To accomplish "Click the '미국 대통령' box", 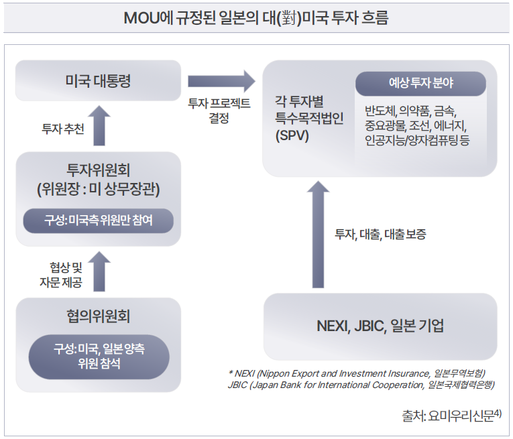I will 98,82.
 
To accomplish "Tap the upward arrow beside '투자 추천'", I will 99,125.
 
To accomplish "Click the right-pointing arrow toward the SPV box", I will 221,82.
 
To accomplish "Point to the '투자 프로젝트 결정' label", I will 219,111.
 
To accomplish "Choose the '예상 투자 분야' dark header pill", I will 420,84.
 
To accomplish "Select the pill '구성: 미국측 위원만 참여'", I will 98,220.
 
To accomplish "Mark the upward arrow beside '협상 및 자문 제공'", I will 99,271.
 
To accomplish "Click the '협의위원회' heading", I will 98,316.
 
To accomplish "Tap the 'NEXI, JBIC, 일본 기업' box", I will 380,326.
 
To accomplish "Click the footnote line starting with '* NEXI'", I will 356,373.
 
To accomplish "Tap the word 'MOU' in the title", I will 141,18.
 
